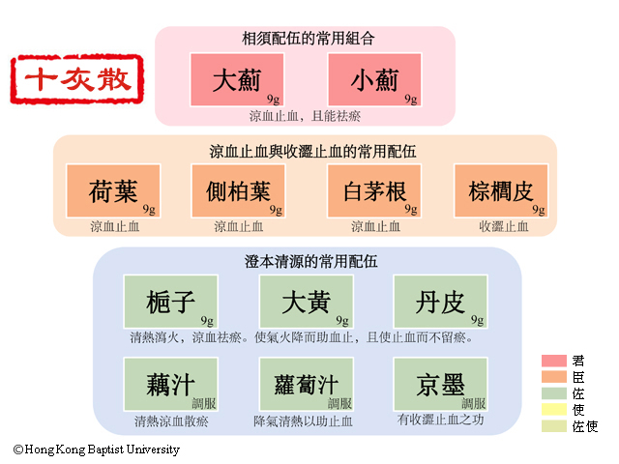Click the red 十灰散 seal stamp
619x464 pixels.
click(x=77, y=79)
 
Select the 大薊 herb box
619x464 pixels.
click(x=237, y=79)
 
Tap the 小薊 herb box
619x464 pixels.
click(x=374, y=79)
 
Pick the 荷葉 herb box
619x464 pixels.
click(x=113, y=191)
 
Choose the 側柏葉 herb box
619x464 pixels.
click(x=238, y=191)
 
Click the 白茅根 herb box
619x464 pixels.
click(x=374, y=191)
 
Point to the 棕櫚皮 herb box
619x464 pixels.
click(x=501, y=191)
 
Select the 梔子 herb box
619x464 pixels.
click(x=171, y=302)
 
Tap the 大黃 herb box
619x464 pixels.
click(x=307, y=302)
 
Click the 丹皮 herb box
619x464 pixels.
click(x=441, y=302)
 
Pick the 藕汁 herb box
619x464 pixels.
click(x=171, y=385)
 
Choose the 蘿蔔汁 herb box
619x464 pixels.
click(x=307, y=385)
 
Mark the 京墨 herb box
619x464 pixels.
click(x=441, y=385)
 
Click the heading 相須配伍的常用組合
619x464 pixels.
click(x=309, y=39)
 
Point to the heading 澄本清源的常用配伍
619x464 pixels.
click(x=311, y=261)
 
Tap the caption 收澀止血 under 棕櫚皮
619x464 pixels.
click(x=504, y=226)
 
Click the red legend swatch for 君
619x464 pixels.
click(x=554, y=361)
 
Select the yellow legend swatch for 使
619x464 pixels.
click(x=554, y=409)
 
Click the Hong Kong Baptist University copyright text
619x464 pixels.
click(x=97, y=449)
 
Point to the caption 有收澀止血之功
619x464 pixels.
click(x=441, y=420)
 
